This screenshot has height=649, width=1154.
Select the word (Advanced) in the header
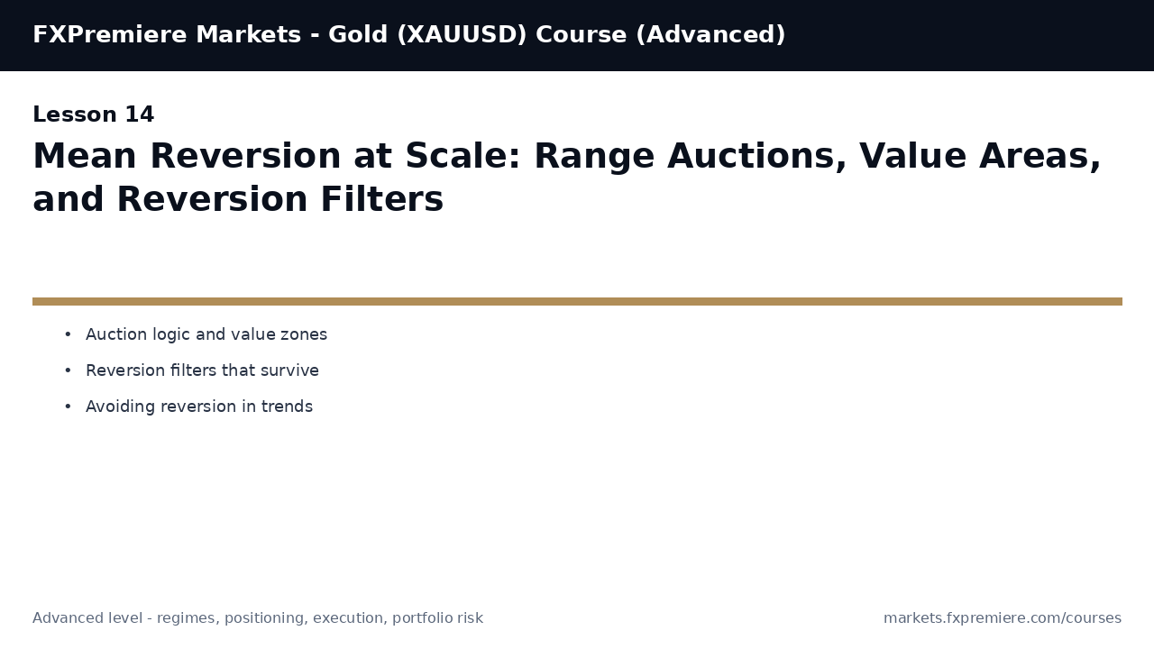coord(710,35)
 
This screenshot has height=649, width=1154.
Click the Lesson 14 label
coord(93,115)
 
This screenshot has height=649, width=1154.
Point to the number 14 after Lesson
coord(139,115)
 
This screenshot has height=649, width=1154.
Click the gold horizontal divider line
coord(577,301)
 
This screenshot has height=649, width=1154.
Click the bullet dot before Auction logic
coord(68,335)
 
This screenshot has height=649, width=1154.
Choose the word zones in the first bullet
coord(304,335)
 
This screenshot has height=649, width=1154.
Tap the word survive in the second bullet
coord(289,371)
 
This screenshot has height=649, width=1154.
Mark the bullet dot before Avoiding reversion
coord(68,407)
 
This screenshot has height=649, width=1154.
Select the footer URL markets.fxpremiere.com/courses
coord(1002,618)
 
